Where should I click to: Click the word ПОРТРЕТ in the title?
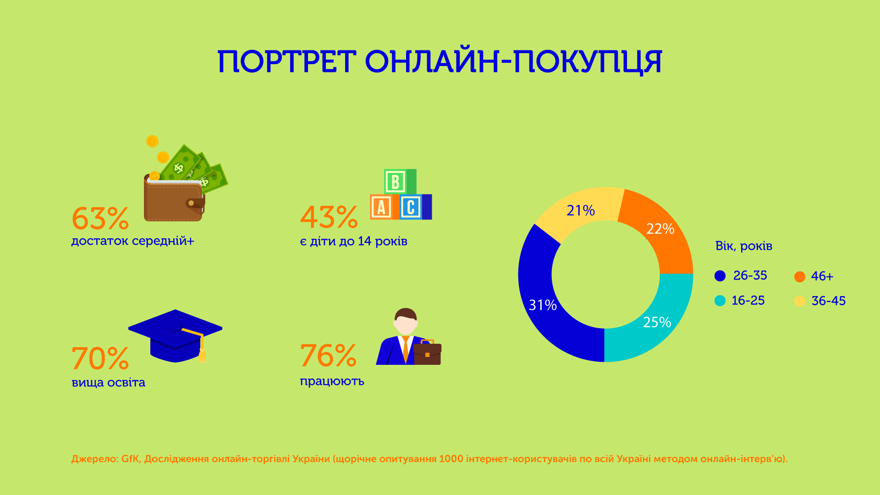pos(286,62)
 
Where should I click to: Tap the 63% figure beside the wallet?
pos(100,219)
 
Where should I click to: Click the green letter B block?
pos(395,181)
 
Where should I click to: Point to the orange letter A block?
pos(381,207)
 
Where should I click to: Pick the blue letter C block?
pos(411,207)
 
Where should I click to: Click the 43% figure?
pos(329,217)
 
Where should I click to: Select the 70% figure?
pos(100,358)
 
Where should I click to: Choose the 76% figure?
pos(328,356)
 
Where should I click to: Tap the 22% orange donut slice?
pos(660,229)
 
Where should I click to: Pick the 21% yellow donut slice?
pos(580,210)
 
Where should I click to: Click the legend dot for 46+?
pos(799,277)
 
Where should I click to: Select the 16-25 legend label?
pos(748,301)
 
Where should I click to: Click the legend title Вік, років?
pos(743,246)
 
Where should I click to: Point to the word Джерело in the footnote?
pos(94,459)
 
